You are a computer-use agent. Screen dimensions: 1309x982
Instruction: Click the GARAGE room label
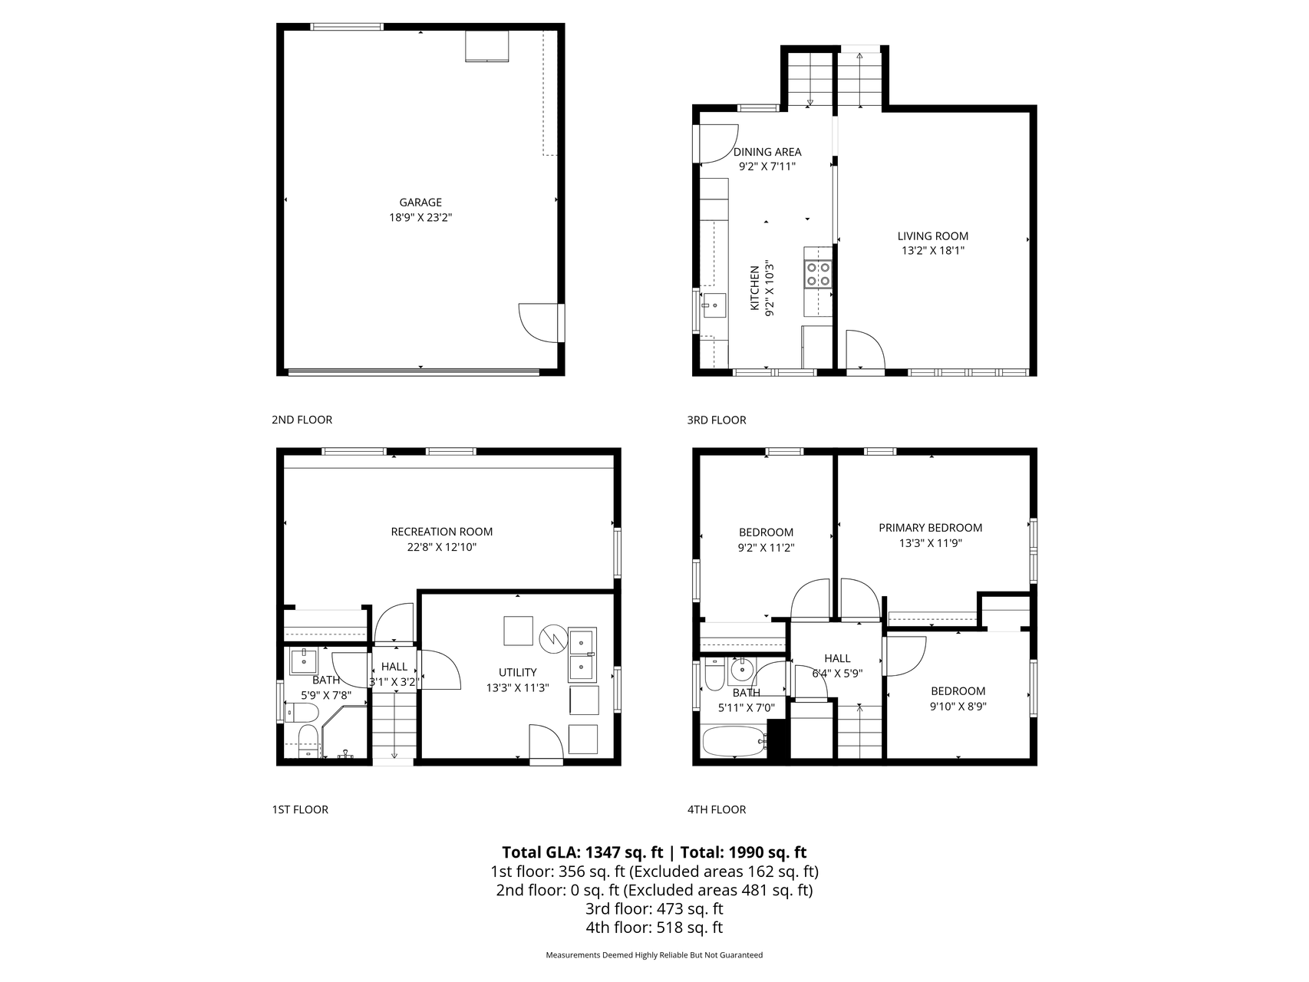[x=420, y=203]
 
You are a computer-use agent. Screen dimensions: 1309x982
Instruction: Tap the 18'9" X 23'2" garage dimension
[x=420, y=217]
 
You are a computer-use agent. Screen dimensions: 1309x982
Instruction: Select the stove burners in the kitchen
[x=817, y=274]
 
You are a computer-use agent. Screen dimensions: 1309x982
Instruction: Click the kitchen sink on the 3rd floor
[x=714, y=305]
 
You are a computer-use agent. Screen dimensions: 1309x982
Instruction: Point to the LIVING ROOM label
[x=933, y=236]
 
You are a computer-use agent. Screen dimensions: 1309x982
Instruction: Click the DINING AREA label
[x=767, y=152]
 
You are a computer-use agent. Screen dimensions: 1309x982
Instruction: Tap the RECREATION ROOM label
[x=442, y=532]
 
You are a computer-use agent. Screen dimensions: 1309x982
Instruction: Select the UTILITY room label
[x=518, y=672]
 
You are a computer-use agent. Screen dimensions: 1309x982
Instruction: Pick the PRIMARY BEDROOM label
[x=931, y=528]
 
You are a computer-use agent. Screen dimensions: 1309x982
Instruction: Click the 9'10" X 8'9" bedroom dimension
[x=958, y=706]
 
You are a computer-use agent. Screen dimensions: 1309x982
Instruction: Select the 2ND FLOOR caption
[x=302, y=420]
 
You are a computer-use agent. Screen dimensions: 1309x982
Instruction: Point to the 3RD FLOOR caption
[x=717, y=420]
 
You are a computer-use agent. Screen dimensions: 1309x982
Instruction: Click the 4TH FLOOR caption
[x=717, y=809]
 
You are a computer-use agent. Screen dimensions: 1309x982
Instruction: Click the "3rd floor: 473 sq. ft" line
[x=654, y=909]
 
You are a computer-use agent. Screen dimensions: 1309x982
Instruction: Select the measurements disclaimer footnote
[x=654, y=955]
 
